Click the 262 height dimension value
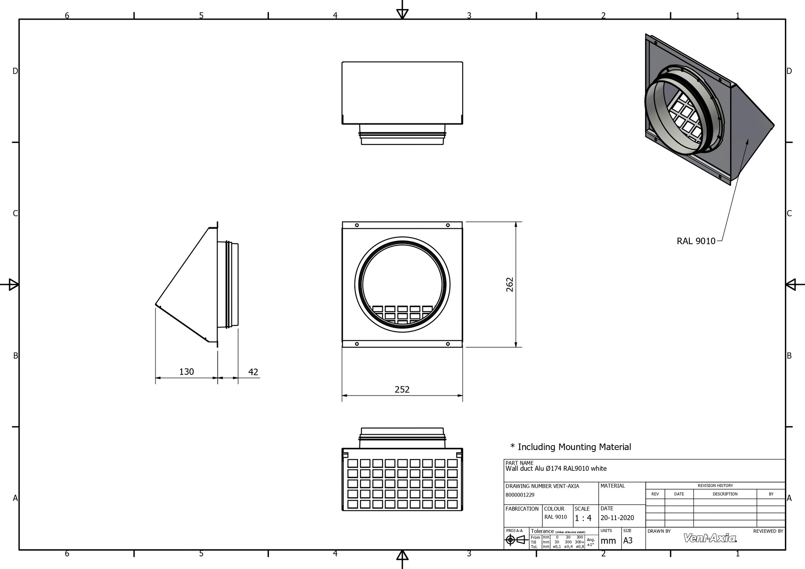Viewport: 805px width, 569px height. pyautogui.click(x=510, y=284)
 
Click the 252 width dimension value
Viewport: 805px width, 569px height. pyautogui.click(x=402, y=389)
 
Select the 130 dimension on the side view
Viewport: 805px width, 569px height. pyautogui.click(x=186, y=372)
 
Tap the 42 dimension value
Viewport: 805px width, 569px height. pyautogui.click(x=253, y=372)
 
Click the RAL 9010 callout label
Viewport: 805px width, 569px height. pyautogui.click(x=696, y=241)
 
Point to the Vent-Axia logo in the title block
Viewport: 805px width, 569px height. pyautogui.click(x=710, y=538)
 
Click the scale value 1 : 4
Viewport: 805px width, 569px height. pyautogui.click(x=583, y=518)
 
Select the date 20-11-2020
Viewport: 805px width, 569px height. pyautogui.click(x=617, y=518)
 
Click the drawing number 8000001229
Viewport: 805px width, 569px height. pyautogui.click(x=520, y=495)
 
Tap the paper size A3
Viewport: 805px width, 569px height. pyautogui.click(x=628, y=541)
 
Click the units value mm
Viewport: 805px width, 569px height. pyautogui.click(x=608, y=541)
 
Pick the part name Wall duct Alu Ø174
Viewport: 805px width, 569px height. pyautogui.click(x=556, y=468)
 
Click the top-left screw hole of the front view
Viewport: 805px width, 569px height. pyautogui.click(x=357, y=225)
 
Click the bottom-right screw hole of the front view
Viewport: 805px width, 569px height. pyautogui.click(x=448, y=344)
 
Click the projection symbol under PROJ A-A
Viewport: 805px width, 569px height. pyautogui.click(x=515, y=540)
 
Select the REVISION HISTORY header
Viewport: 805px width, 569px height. pyautogui.click(x=715, y=486)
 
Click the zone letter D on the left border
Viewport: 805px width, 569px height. pyautogui.click(x=15, y=71)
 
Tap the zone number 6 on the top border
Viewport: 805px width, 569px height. pyautogui.click(x=67, y=16)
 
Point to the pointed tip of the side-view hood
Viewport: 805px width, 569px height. pyautogui.click(x=156, y=304)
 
